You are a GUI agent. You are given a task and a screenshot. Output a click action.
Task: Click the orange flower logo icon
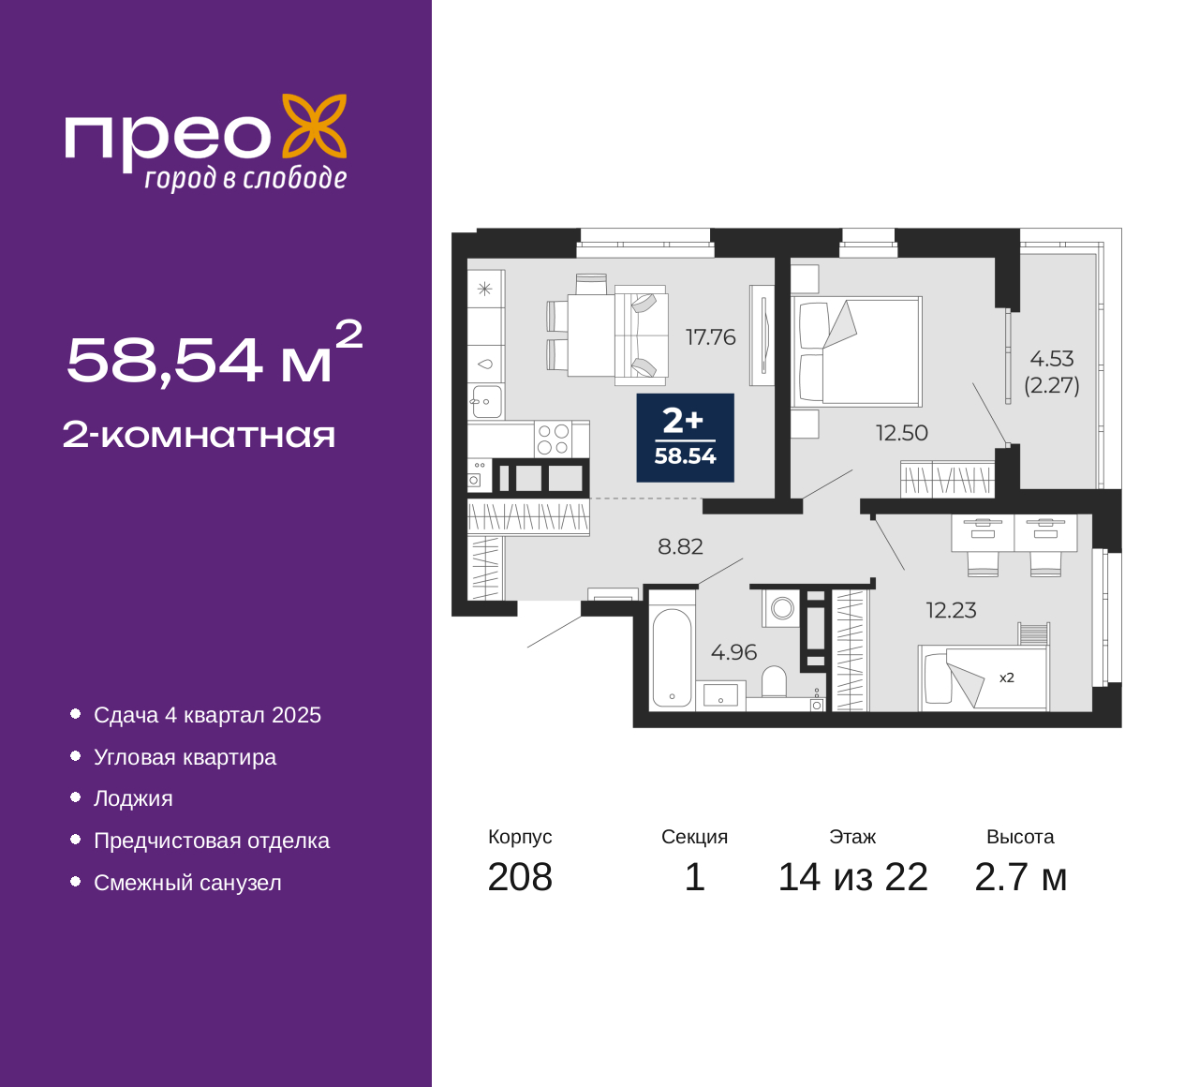tap(315, 127)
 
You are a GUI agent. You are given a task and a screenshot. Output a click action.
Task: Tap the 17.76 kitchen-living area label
tap(710, 337)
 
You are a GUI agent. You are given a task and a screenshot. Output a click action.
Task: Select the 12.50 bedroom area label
tap(901, 433)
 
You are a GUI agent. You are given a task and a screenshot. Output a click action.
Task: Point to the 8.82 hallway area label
tap(680, 546)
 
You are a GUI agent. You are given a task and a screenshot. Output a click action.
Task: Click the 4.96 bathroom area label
tap(733, 651)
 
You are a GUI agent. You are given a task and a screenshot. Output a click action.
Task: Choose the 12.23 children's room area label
tap(951, 610)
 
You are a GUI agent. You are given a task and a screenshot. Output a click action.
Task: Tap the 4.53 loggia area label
tap(1052, 359)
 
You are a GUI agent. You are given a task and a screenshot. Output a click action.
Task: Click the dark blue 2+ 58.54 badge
tap(685, 438)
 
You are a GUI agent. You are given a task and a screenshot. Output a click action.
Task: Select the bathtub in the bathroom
tap(672, 657)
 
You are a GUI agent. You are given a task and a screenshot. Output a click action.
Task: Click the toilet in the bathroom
tap(774, 681)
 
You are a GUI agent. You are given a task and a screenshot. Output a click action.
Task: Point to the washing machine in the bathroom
tap(781, 608)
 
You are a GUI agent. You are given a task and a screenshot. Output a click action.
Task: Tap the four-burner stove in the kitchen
tap(553, 439)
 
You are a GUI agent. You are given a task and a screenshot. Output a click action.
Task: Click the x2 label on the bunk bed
tap(1007, 678)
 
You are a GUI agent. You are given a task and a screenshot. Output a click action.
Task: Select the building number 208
tap(519, 877)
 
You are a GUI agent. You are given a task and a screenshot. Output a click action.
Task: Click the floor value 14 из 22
tap(852, 877)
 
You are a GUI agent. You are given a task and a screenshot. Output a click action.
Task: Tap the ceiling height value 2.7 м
tap(1020, 877)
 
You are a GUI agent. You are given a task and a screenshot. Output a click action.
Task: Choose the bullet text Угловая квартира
tap(185, 757)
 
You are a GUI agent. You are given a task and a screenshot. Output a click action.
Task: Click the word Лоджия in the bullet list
tap(133, 798)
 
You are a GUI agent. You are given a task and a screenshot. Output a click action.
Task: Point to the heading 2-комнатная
tap(199, 436)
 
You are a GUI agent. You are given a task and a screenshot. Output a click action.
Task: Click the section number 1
tap(694, 877)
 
